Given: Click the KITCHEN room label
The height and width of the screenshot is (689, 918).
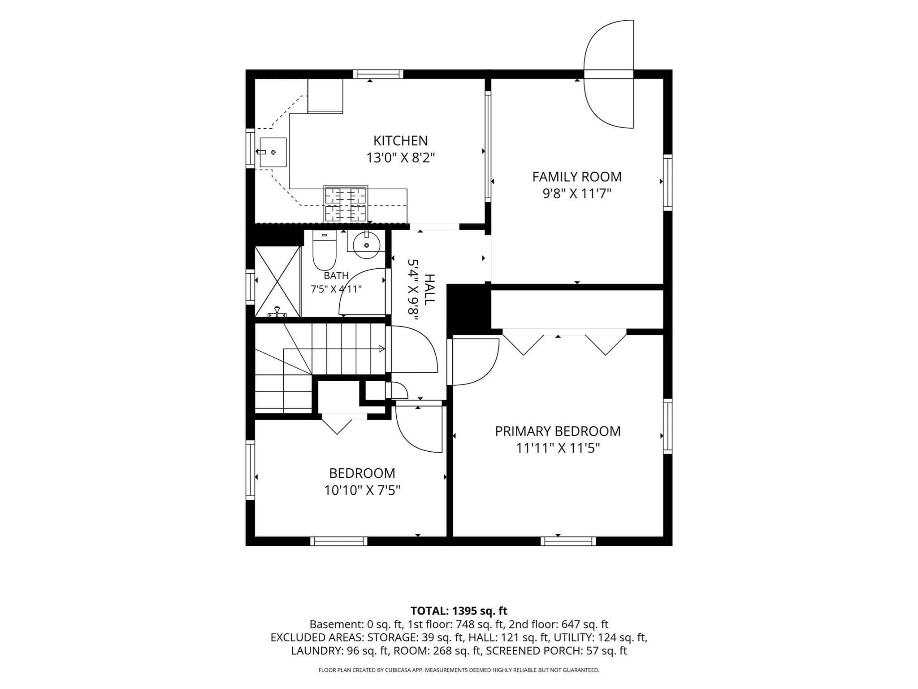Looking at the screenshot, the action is point(400,140).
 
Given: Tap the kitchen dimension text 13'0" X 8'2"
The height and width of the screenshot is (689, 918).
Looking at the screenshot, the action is point(401,158).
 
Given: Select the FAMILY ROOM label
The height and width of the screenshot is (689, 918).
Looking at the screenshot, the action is point(577,177).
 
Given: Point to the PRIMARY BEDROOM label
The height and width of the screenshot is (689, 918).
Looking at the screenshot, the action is point(558,431).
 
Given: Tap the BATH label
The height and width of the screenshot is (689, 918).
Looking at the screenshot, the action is point(336,275).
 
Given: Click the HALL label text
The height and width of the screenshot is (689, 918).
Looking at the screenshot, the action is point(429,290).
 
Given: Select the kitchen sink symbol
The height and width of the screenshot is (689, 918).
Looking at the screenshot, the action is point(273,153).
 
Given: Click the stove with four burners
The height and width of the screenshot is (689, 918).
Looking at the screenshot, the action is point(345,204).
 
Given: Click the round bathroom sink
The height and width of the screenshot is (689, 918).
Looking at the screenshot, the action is point(367,244).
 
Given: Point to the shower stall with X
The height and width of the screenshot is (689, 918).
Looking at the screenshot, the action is point(277,282).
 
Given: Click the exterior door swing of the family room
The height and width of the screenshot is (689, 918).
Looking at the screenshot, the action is point(608,74).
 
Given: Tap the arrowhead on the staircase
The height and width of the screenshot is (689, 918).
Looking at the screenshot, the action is point(381,349).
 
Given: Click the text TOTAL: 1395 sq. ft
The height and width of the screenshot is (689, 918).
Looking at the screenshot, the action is point(459,611).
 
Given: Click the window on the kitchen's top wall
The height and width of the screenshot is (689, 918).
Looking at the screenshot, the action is point(378,74).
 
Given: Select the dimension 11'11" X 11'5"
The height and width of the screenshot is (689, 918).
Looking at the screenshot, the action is point(558,448).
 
